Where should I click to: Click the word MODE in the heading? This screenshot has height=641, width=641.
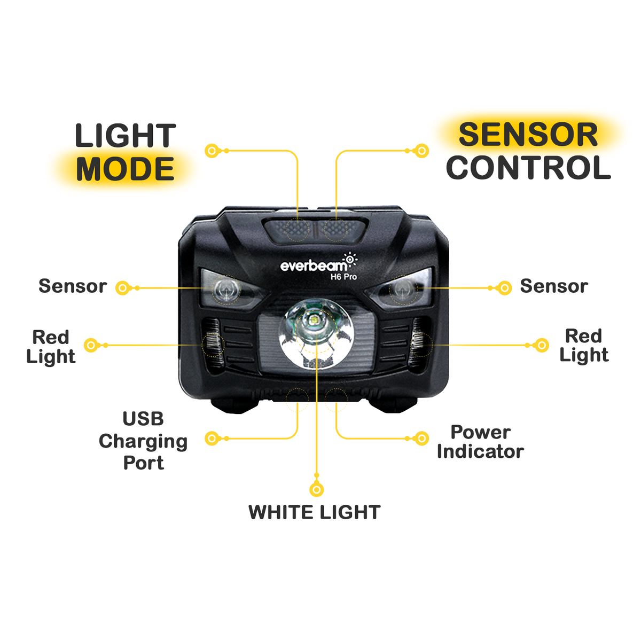pos(126,169)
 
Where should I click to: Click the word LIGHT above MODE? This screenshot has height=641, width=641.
pos(126,136)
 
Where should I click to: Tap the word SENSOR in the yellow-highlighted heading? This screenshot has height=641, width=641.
pos(528,135)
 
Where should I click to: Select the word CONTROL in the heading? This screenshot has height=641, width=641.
pos(528,168)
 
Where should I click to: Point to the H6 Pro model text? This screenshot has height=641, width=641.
pos(343,277)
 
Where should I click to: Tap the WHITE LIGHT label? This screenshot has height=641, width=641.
pos(315,512)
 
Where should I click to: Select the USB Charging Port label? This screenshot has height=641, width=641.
pos(143,441)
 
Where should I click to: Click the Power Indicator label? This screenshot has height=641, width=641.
pos(480,442)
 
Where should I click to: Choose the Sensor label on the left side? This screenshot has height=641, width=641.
pos(73,286)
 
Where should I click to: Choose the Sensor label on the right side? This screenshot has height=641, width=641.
pos(554,286)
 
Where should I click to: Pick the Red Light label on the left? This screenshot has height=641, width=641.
pos(51,347)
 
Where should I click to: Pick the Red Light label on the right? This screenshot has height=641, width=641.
pos(584,346)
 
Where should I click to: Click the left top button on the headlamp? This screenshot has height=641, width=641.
pos(290,230)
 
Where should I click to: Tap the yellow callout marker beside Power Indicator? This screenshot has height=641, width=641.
pos(422,439)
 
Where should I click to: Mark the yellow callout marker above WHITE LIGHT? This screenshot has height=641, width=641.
pos(317,489)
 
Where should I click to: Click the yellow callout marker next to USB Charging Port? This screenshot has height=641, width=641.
pos(212,439)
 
